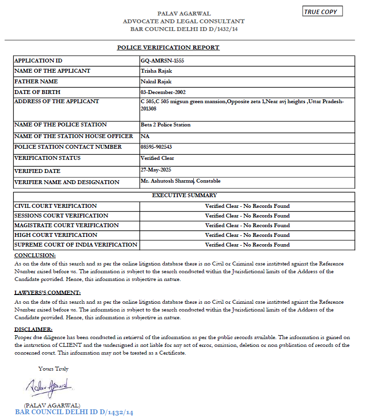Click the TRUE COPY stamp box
(322, 11)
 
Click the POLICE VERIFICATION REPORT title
(168, 47)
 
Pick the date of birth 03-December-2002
(163, 92)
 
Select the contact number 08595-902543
(156, 147)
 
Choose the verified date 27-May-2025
(156, 170)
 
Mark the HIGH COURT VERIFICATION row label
(56, 235)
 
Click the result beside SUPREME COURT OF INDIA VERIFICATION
(247, 245)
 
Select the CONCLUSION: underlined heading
(35, 255)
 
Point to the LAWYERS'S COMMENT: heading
(47, 293)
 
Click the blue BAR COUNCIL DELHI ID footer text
(74, 412)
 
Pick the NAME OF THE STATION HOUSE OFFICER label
(74, 136)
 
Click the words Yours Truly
(53, 369)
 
